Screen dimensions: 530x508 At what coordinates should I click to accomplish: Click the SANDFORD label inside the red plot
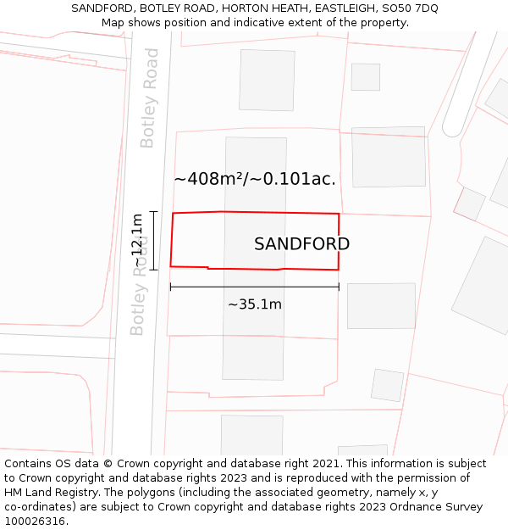pos(301,244)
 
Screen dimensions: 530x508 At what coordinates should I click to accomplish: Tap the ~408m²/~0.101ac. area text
pos(255,179)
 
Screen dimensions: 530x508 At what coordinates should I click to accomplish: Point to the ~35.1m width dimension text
pos(255,304)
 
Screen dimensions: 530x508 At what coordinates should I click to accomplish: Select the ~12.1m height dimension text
pos(137,240)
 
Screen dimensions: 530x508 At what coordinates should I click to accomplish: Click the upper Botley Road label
pos(150,98)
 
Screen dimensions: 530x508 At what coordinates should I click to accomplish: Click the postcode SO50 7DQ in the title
pos(410,8)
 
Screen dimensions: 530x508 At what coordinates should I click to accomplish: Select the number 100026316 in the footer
pos(33,521)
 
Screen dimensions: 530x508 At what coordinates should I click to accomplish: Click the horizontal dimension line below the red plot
pos(255,287)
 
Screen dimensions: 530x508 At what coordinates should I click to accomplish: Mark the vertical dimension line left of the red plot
pos(153,240)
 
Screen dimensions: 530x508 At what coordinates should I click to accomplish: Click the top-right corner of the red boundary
pos(339,214)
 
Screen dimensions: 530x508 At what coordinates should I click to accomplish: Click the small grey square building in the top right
pos(366,77)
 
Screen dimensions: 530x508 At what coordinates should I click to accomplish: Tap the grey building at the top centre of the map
pos(267,80)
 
